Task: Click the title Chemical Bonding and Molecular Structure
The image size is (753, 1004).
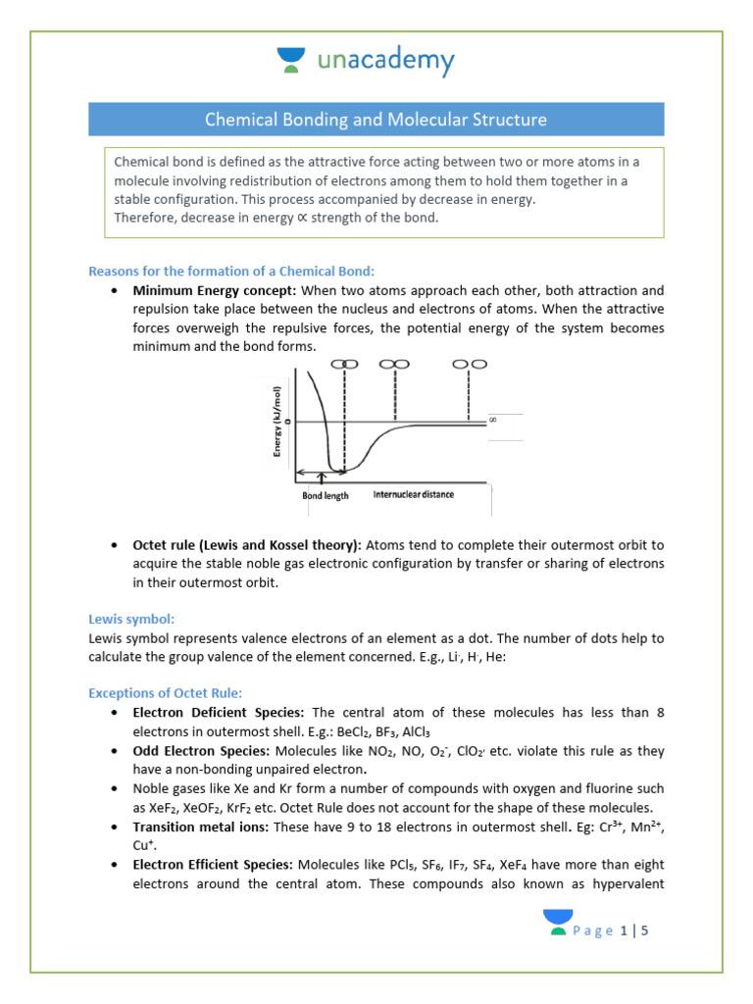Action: click(x=376, y=120)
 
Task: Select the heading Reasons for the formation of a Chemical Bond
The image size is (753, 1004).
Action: click(x=231, y=271)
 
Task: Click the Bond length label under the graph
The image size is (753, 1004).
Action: click(x=325, y=495)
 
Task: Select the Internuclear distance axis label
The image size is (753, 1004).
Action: click(x=413, y=495)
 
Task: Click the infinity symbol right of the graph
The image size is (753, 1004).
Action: click(x=493, y=420)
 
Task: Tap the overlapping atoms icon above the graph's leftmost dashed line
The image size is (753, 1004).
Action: click(x=343, y=364)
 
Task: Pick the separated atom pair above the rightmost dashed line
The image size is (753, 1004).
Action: click(x=470, y=364)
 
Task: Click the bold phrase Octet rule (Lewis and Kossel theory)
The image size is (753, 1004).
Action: click(x=248, y=544)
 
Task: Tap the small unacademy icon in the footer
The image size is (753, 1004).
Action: click(x=558, y=923)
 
